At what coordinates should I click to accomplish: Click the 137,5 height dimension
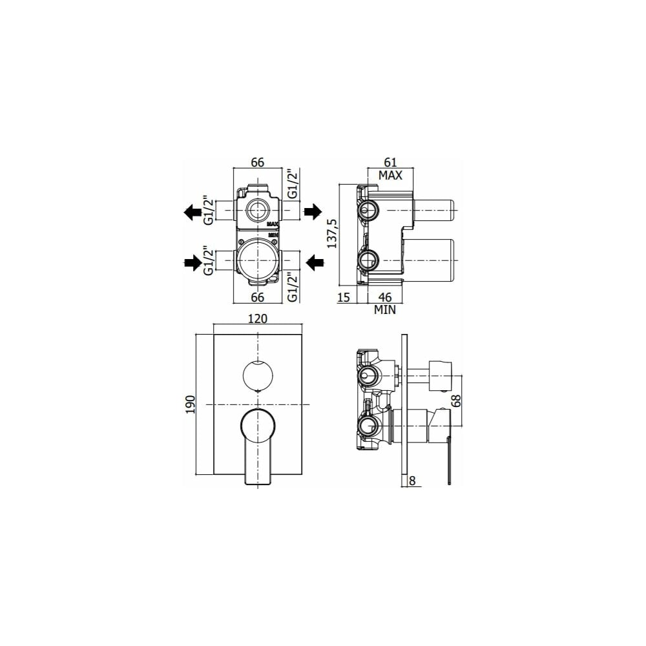[332, 234]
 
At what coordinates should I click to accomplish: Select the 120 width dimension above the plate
[258, 318]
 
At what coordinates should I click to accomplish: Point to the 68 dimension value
[457, 400]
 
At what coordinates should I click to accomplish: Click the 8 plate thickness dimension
[412, 481]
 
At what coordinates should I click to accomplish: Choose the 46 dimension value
[385, 297]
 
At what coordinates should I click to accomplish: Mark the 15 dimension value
[343, 297]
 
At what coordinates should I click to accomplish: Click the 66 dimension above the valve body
[258, 162]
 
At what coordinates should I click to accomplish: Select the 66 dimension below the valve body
[258, 297]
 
